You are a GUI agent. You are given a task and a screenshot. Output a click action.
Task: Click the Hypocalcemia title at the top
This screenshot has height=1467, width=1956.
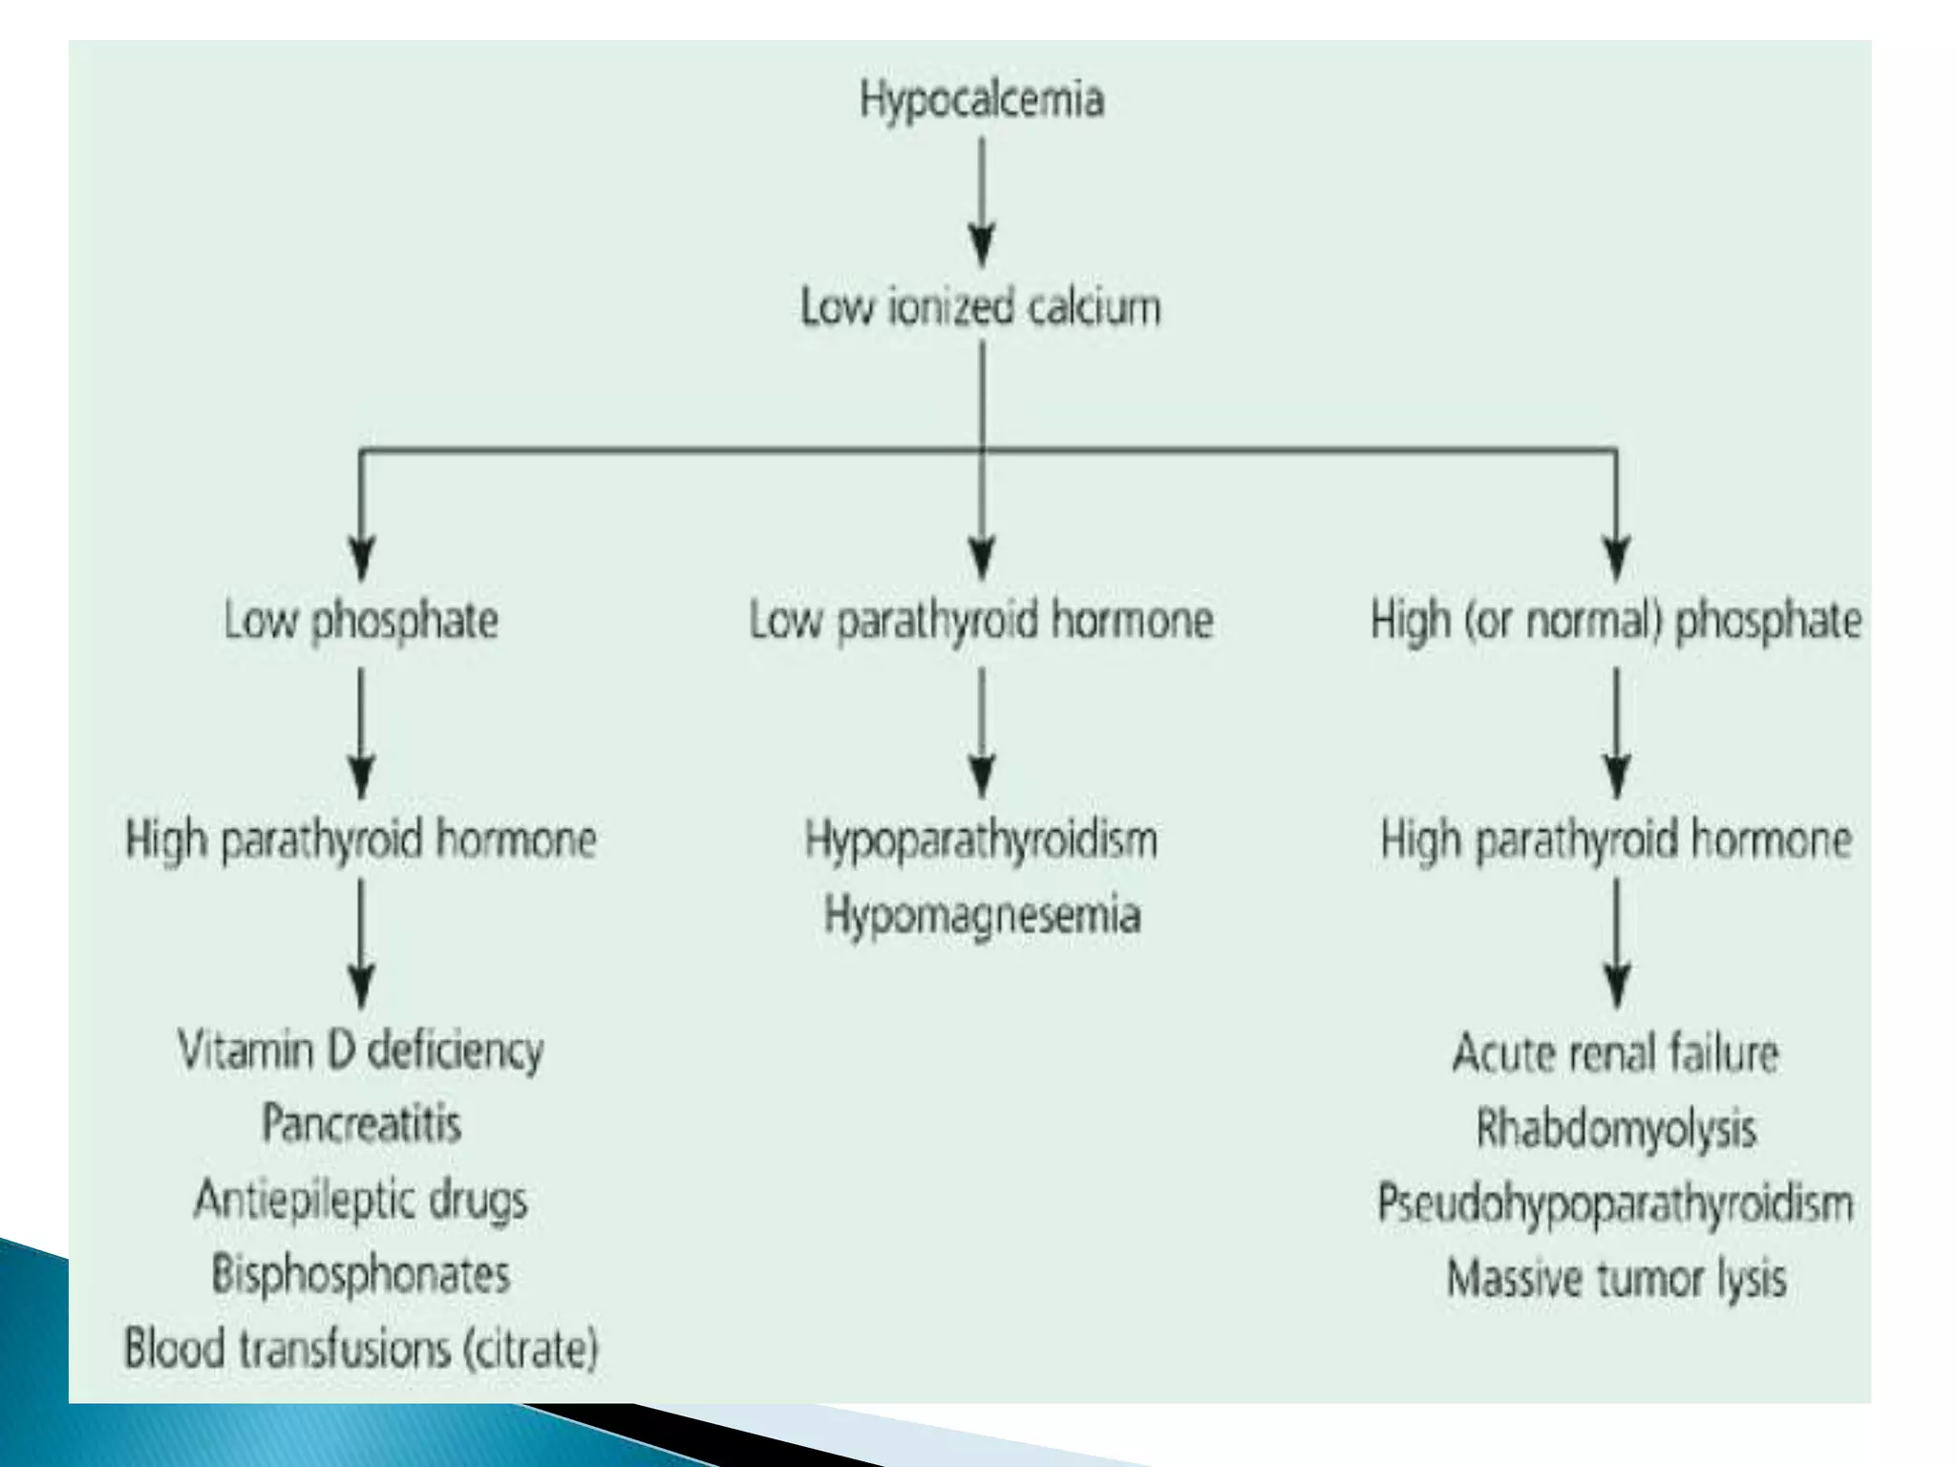click(x=982, y=99)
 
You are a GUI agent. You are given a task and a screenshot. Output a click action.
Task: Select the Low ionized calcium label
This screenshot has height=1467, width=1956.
click(x=981, y=308)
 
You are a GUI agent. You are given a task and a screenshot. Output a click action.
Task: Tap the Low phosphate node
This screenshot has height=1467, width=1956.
click(x=361, y=620)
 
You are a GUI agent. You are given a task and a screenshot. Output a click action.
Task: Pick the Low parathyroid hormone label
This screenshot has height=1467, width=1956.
click(x=981, y=620)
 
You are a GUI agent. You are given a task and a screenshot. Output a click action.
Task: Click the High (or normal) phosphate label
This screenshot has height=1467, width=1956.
click(x=1616, y=620)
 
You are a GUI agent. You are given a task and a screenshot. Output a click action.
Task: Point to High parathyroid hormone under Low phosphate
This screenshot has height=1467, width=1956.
click(x=361, y=840)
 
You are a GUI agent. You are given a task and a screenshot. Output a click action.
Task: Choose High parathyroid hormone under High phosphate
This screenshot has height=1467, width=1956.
click(x=1616, y=840)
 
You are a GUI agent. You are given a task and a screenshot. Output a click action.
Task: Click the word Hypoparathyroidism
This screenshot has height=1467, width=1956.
click(x=981, y=840)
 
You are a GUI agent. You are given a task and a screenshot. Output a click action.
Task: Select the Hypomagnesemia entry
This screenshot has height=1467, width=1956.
click(x=982, y=915)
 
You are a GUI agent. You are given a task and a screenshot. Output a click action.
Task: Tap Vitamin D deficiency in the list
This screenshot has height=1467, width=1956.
click(x=361, y=1051)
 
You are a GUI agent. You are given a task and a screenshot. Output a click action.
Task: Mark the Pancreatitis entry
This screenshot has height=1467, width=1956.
click(x=361, y=1124)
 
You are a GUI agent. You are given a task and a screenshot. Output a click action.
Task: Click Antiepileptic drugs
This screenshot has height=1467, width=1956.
click(x=361, y=1200)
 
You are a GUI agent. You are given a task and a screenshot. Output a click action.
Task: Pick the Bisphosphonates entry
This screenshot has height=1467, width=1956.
click(x=361, y=1274)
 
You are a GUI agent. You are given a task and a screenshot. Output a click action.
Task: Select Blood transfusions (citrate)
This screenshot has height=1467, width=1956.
click(x=361, y=1349)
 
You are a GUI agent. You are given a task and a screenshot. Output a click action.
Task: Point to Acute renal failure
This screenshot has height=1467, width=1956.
click(x=1616, y=1053)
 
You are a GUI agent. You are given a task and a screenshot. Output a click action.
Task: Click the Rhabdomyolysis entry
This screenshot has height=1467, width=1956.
click(x=1616, y=1129)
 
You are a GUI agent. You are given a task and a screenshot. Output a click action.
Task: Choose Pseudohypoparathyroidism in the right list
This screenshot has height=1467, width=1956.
click(x=1616, y=1203)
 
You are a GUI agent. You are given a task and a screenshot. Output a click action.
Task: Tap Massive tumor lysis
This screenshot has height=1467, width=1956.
click(x=1616, y=1278)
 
